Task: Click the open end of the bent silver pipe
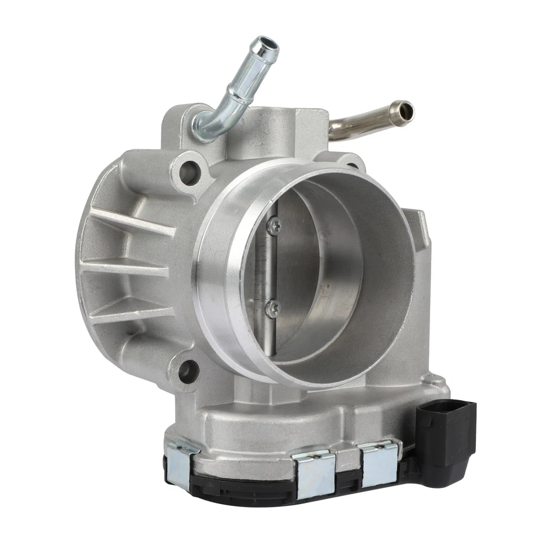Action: tap(267, 46)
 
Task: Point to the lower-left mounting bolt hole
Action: tap(188, 371)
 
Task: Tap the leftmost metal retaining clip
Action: tap(180, 462)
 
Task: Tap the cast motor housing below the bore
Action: tap(301, 425)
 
